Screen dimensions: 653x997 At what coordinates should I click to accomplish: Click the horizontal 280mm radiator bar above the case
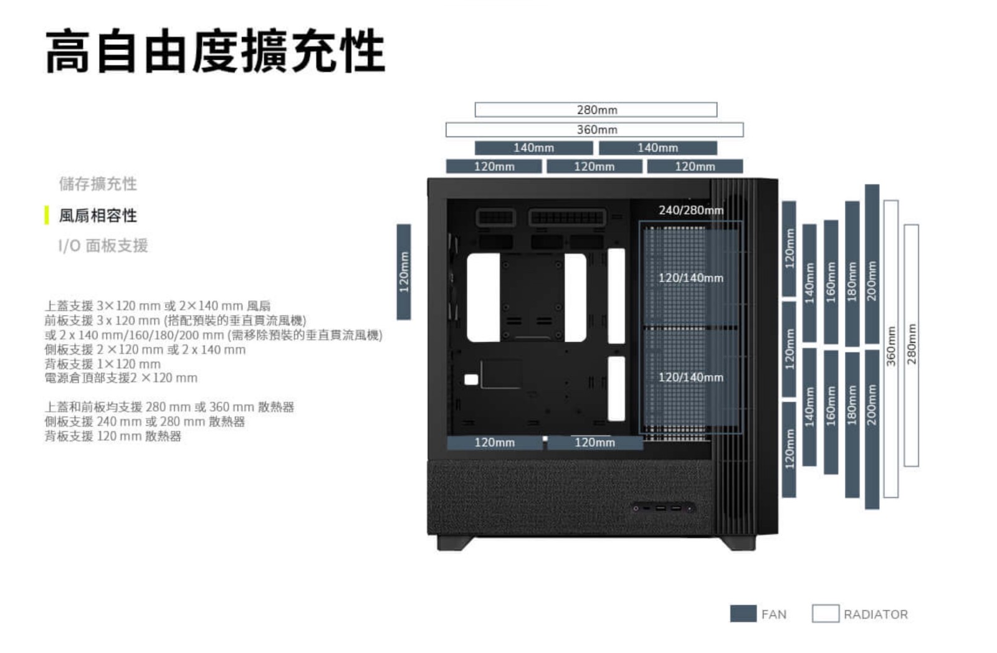click(596, 110)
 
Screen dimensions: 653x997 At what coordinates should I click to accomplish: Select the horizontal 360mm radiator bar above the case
click(594, 130)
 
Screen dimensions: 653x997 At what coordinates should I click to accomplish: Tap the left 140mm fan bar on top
click(533, 148)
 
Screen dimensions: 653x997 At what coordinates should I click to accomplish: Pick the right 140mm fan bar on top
click(657, 148)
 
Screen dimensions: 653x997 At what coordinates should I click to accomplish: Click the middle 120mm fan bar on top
click(594, 166)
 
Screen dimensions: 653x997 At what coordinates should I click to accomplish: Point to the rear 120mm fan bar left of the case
click(404, 272)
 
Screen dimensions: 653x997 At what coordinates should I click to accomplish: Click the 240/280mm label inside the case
click(691, 211)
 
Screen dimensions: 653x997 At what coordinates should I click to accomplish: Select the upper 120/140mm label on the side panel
click(690, 278)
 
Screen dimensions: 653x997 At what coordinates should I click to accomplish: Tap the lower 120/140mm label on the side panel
click(690, 378)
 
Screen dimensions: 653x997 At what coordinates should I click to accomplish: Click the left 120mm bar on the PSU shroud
click(494, 442)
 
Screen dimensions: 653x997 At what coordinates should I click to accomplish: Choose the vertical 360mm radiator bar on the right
click(891, 349)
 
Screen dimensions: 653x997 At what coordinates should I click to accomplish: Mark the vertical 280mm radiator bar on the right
click(911, 345)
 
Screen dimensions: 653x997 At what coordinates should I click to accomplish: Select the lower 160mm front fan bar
click(831, 411)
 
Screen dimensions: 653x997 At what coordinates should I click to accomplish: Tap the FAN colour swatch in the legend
click(743, 614)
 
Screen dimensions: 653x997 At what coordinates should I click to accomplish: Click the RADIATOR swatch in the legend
click(825, 614)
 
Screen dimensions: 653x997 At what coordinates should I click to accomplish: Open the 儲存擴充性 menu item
click(98, 184)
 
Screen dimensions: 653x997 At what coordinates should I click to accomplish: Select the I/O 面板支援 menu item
click(103, 245)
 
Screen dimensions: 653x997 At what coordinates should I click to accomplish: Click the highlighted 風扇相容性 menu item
click(98, 216)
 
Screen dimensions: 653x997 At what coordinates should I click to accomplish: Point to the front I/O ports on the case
click(663, 508)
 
